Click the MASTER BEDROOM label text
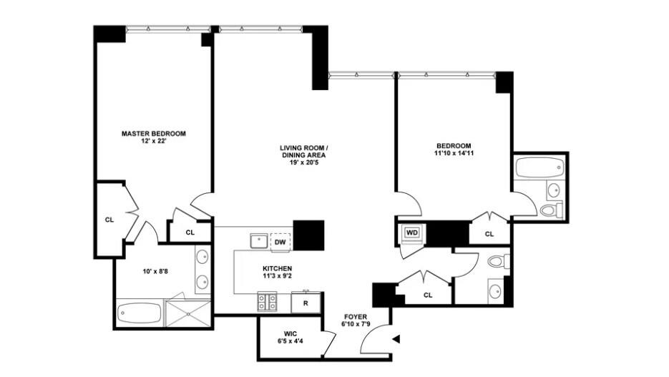point(153,133)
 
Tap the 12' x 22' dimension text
point(153,141)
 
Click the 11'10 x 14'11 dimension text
point(454,152)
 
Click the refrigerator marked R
point(306,303)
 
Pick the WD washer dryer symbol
point(412,232)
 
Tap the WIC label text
point(289,333)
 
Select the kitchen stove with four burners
point(267,302)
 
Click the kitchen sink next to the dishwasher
point(258,240)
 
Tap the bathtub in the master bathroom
point(140,313)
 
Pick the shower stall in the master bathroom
point(188,313)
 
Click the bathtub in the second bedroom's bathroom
point(539,169)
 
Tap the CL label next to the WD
point(489,234)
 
